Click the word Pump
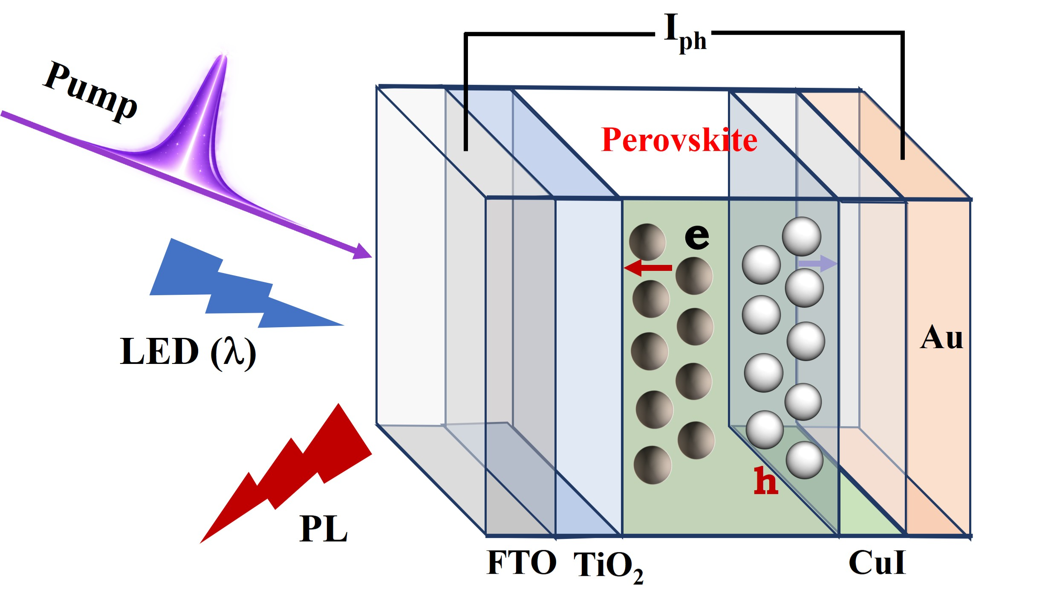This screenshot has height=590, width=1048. pyautogui.click(x=90, y=91)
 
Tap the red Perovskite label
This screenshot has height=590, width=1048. pyautogui.click(x=679, y=140)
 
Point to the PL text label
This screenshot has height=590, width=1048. pyautogui.click(x=323, y=529)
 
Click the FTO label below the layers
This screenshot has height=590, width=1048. pyautogui.click(x=522, y=563)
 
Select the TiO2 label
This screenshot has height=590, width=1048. pyautogui.click(x=608, y=567)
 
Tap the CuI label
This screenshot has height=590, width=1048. pyautogui.click(x=877, y=563)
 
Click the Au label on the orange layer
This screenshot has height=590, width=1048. pyautogui.click(x=941, y=337)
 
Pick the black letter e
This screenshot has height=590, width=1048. pyautogui.click(x=697, y=236)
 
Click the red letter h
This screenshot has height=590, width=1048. pyautogui.click(x=766, y=480)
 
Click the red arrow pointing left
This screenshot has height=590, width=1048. pyautogui.click(x=648, y=267)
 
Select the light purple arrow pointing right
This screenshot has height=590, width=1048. pyautogui.click(x=817, y=264)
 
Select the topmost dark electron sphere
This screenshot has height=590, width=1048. pyautogui.click(x=647, y=242)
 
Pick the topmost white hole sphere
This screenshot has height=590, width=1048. pyautogui.click(x=802, y=237)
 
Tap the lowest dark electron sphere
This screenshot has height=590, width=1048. pyautogui.click(x=652, y=465)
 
